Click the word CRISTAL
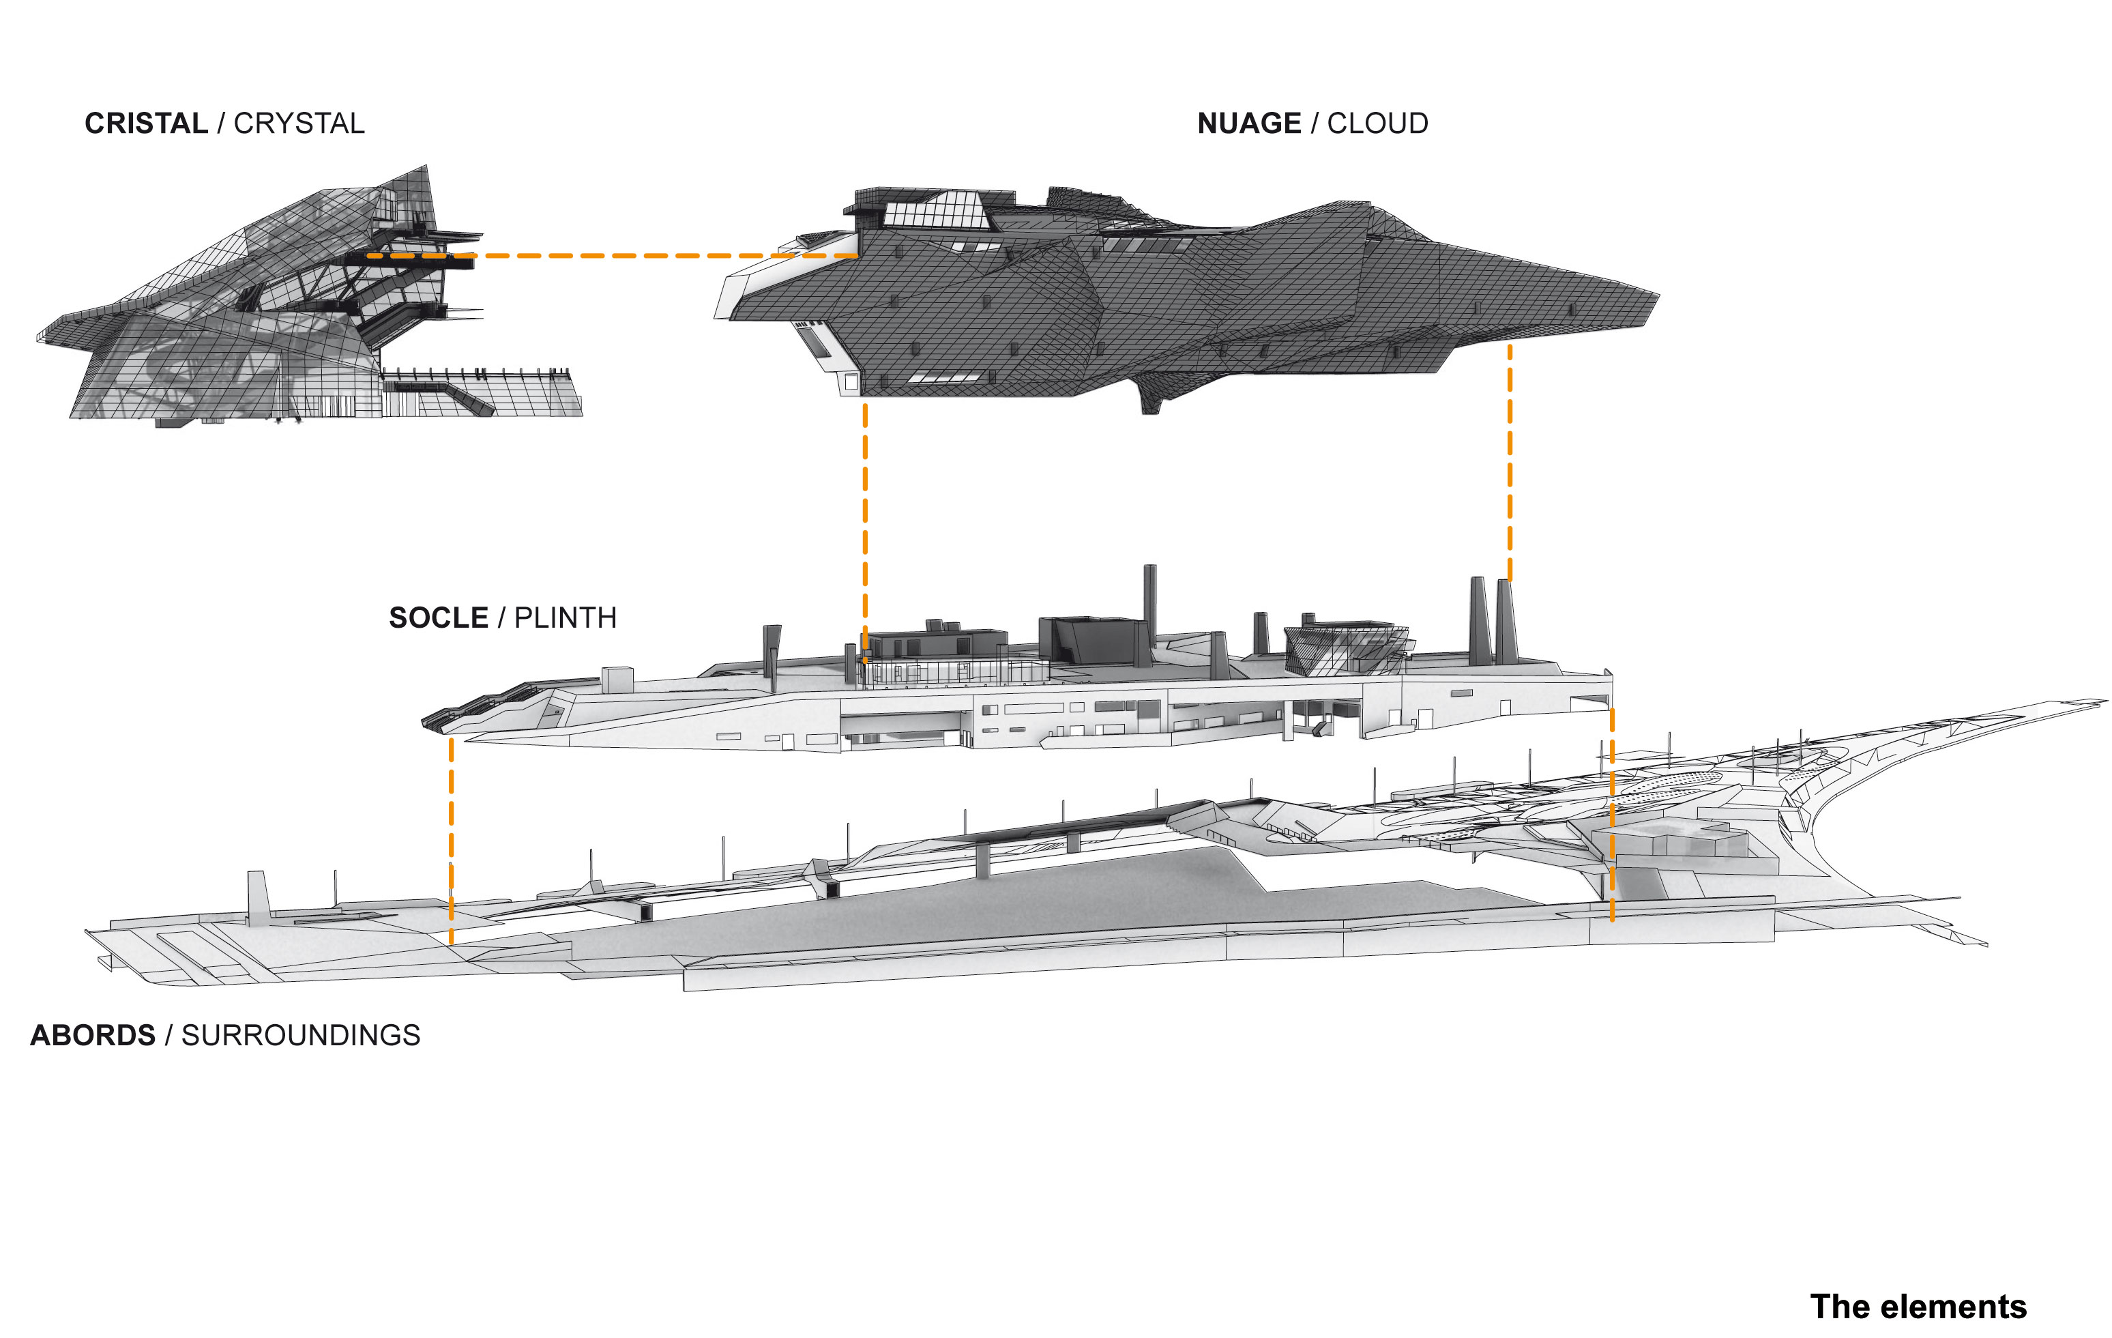point(145,123)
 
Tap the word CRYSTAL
point(299,123)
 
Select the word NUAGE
point(1248,123)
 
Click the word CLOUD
point(1377,123)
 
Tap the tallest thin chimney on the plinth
point(1150,605)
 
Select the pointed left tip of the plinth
point(427,722)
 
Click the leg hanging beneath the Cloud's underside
point(1151,399)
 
